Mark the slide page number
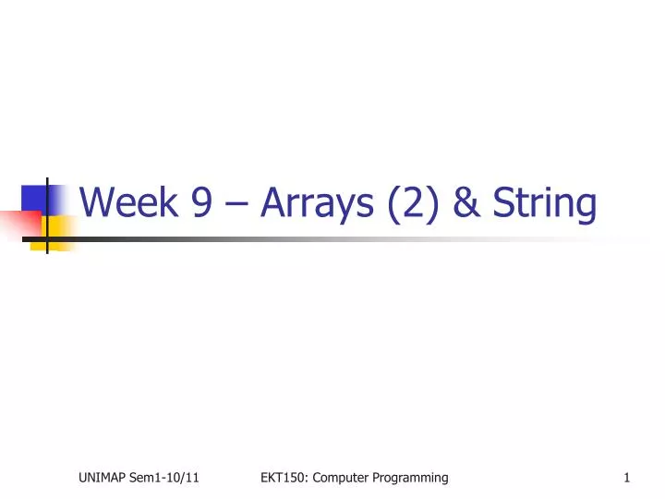click(627, 478)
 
